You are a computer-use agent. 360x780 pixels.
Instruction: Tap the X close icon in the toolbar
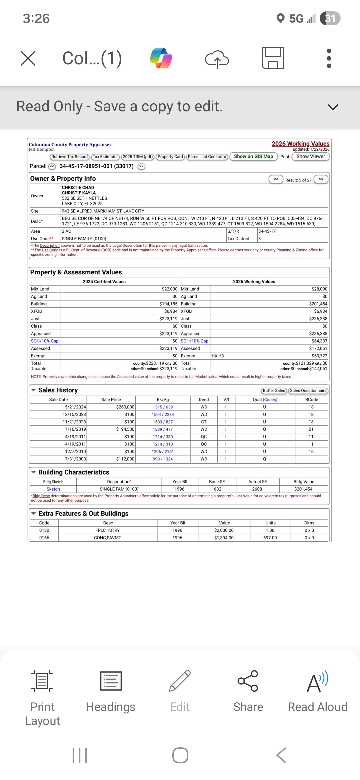tap(28, 58)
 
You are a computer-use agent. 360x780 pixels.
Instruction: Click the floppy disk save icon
tap(273, 58)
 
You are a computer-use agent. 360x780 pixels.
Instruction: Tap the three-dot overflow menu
tap(329, 58)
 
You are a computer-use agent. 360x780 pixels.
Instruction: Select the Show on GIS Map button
tap(253, 156)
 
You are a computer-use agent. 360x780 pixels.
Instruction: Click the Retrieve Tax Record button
tap(69, 157)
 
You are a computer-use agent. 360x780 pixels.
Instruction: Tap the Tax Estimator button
tap(105, 157)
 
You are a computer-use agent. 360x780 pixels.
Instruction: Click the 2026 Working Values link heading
tap(300, 144)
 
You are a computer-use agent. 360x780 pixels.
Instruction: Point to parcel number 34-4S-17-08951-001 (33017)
tap(96, 166)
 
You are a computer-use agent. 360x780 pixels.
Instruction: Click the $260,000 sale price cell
tap(125, 407)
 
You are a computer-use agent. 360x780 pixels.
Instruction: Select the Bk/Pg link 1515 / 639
tap(163, 407)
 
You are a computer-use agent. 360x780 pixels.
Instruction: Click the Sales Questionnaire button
tap(308, 391)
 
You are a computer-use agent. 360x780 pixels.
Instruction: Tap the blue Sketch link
tap(53, 489)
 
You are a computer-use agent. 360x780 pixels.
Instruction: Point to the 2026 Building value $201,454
tap(318, 304)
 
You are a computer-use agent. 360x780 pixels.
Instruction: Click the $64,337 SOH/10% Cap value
tap(319, 341)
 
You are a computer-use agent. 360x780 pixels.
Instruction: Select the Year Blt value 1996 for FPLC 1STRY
tap(177, 530)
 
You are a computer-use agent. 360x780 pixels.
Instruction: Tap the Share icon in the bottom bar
tap(248, 692)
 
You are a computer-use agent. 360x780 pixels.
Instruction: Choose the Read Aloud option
tap(317, 692)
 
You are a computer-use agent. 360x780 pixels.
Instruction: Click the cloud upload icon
tap(217, 59)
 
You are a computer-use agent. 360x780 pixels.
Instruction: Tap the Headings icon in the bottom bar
tap(111, 692)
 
